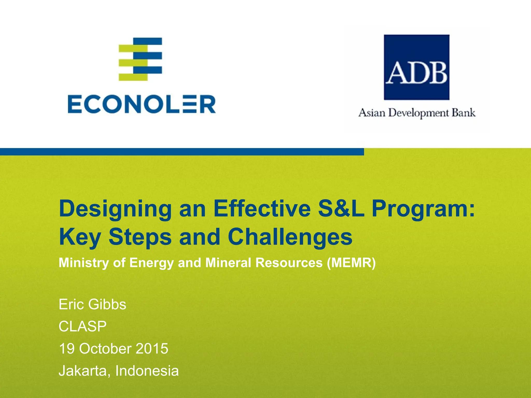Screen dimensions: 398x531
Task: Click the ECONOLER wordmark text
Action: (142, 104)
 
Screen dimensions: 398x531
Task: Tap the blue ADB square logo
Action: (416, 67)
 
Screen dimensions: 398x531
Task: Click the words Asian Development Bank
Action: (417, 113)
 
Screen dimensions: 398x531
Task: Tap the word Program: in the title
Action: (423, 209)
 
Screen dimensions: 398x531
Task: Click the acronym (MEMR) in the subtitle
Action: (351, 263)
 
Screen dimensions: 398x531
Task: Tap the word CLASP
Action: (82, 326)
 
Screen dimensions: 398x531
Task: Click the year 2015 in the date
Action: (152, 349)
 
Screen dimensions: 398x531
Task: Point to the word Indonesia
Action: (147, 371)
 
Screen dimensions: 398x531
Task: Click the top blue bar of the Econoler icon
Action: (148, 41)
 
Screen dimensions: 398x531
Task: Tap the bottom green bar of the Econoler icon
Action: (133, 77)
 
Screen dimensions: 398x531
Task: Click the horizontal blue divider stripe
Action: (181, 152)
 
